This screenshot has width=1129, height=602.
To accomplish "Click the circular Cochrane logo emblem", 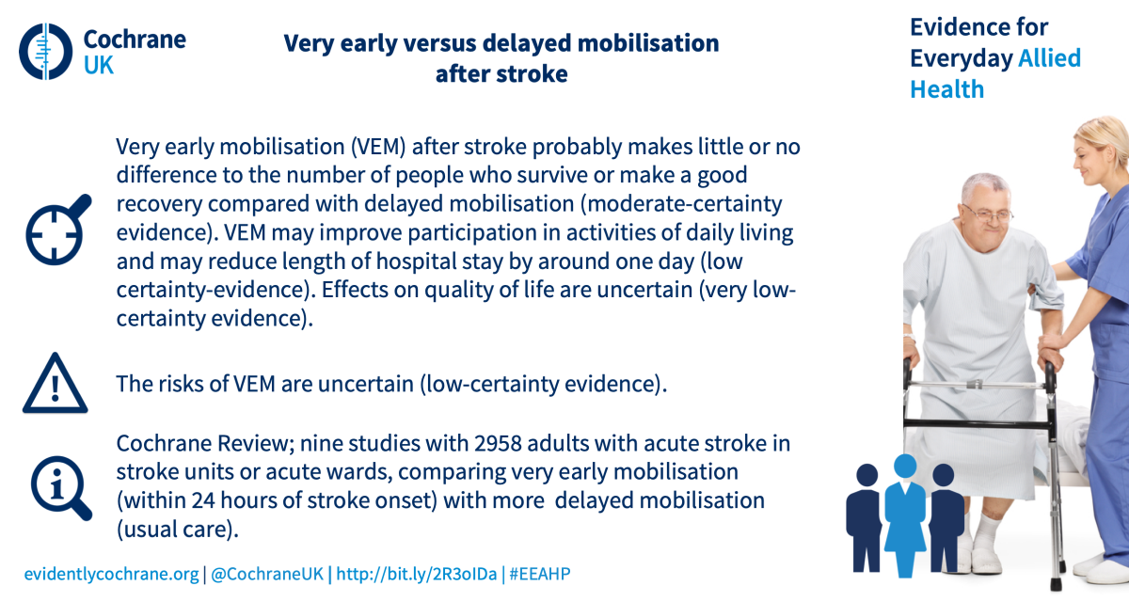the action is click(x=46, y=52).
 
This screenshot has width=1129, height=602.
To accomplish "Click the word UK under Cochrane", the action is click(x=99, y=65).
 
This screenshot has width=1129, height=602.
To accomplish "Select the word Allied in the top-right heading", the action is click(x=1049, y=58).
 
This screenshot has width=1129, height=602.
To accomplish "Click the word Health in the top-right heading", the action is click(x=947, y=89).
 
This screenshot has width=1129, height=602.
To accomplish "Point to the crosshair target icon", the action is click(x=58, y=230).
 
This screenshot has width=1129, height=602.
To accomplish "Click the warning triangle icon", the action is click(x=55, y=384).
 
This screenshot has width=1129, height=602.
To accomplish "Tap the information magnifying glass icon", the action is click(x=61, y=487).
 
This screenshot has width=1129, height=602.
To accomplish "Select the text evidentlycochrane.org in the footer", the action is click(x=111, y=574).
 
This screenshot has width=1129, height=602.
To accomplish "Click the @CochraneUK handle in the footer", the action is click(x=267, y=574).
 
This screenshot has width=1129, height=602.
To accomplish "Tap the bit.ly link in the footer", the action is click(x=416, y=574).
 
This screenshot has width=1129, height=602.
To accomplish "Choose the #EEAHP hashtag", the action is click(x=540, y=574).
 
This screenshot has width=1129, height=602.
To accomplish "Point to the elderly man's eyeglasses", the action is click(x=989, y=214).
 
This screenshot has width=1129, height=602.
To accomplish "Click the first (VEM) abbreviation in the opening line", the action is click(x=378, y=147).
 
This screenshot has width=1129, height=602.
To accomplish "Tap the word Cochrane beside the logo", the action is click(x=135, y=40).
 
